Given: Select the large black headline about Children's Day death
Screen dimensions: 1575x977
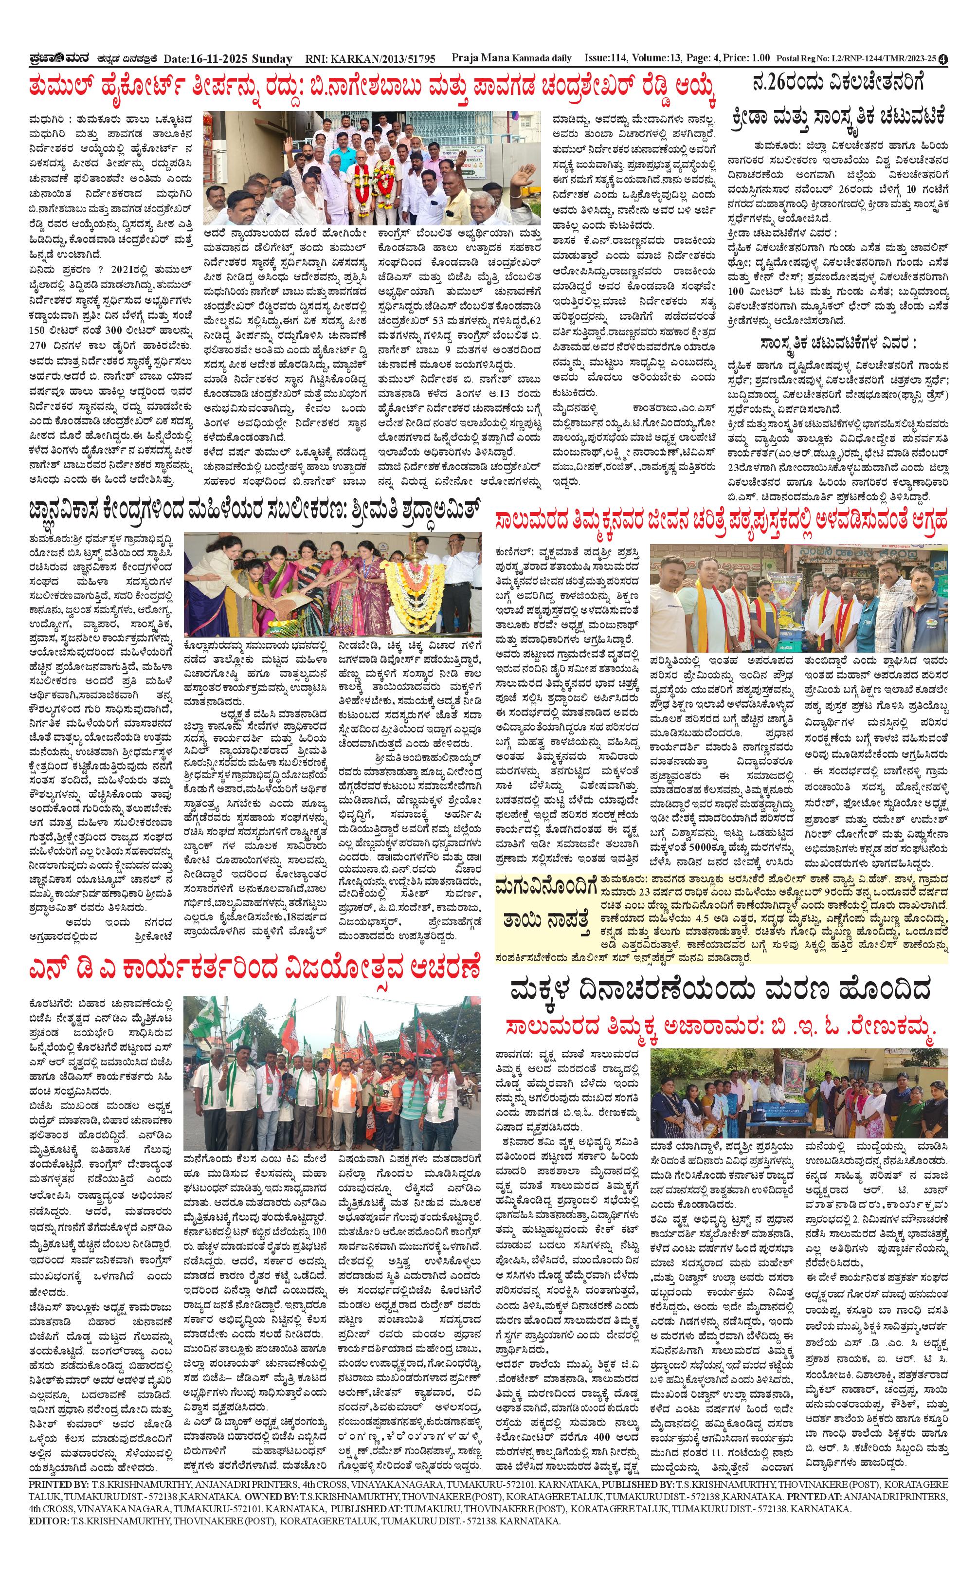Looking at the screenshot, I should point(721,991).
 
